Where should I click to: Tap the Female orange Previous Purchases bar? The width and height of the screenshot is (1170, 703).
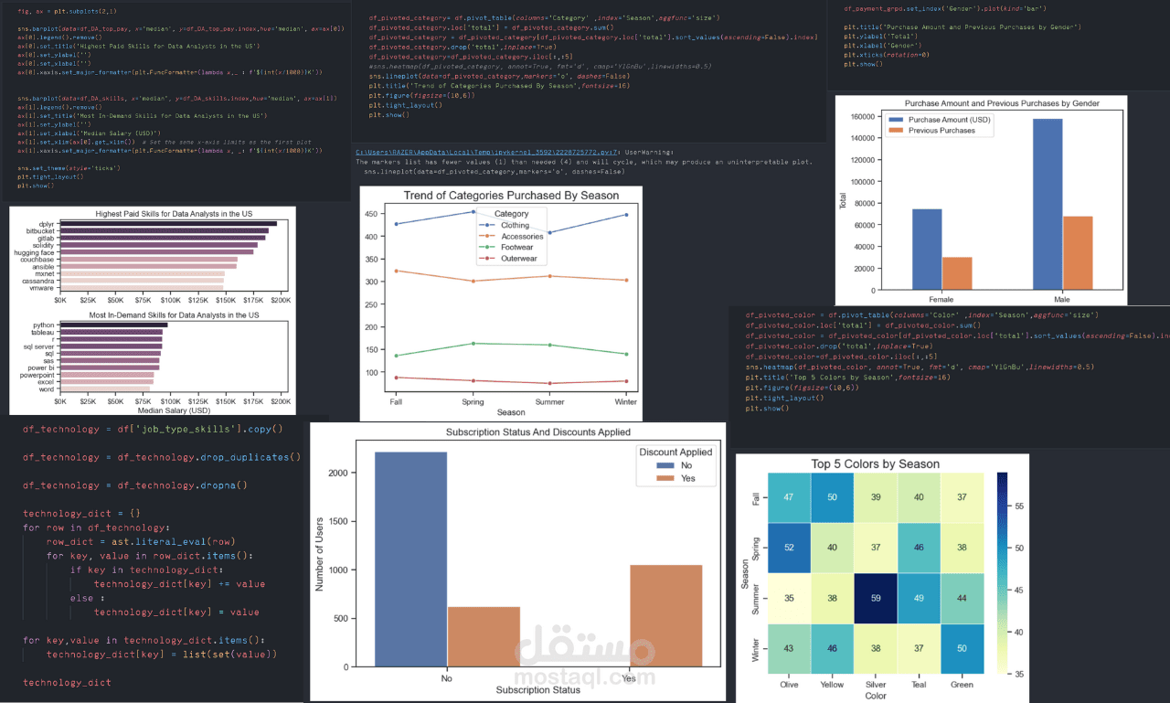[957, 273]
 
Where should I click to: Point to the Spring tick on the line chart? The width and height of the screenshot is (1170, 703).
[473, 401]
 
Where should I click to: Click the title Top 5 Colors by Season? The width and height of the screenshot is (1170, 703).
[875, 463]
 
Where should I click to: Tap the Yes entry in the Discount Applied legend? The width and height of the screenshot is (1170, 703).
[686, 479]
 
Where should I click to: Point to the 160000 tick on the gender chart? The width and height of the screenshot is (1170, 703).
[860, 116]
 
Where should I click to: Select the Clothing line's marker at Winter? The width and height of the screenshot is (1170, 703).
[626, 215]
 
